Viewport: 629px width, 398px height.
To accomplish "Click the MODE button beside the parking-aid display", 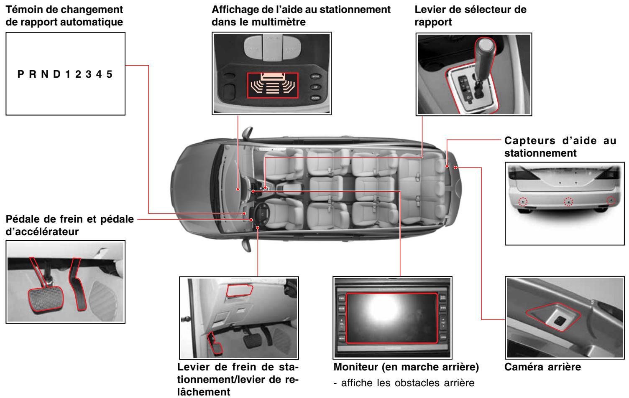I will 314,77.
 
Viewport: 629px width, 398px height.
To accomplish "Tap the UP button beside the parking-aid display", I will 314,87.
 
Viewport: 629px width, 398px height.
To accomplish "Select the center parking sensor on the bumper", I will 568,202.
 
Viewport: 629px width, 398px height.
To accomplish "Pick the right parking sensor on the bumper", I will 611,201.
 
